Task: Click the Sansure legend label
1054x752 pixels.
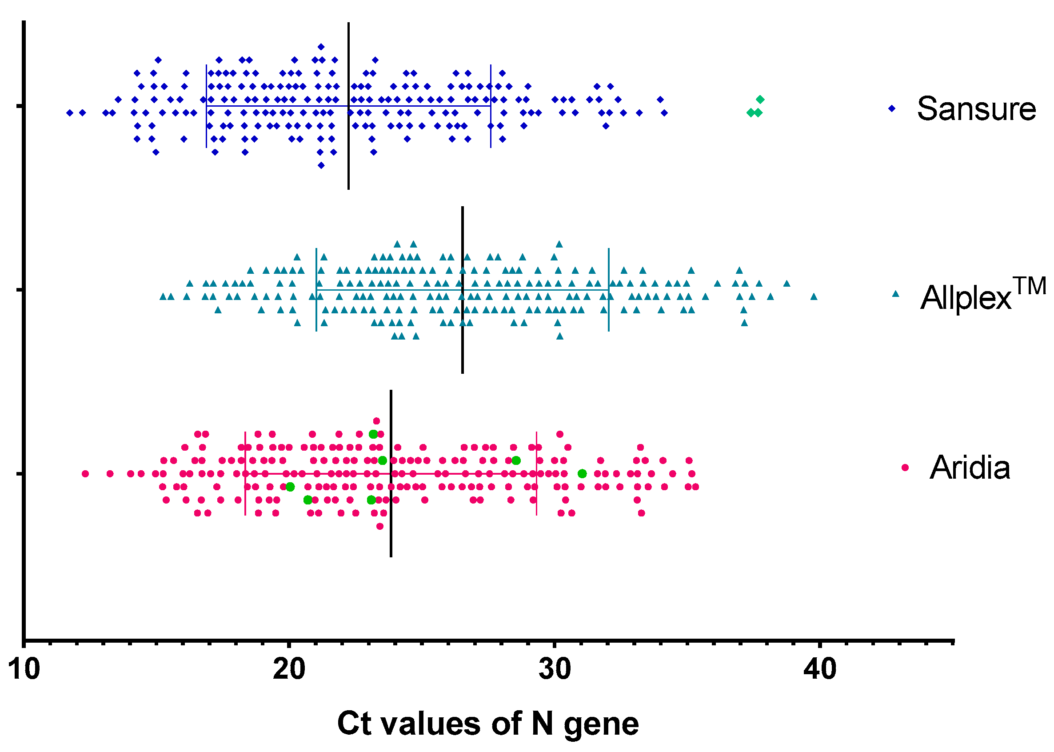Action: point(976,109)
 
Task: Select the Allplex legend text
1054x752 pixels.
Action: point(982,295)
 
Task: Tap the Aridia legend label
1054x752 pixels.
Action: point(969,468)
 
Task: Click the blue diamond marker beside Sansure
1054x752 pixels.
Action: point(891,108)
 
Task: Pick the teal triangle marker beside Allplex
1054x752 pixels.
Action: point(895,294)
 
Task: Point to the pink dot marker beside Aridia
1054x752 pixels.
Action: point(905,468)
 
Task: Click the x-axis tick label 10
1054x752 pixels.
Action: point(24,670)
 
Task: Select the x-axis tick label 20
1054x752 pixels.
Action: point(289,670)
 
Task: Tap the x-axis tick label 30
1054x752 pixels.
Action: point(555,670)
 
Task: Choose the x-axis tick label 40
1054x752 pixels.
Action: point(820,670)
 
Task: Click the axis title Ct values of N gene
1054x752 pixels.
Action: point(487,724)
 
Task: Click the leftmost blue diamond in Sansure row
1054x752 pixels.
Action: point(70,112)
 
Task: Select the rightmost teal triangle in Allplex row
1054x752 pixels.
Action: point(814,296)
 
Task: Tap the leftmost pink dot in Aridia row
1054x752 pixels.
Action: point(85,474)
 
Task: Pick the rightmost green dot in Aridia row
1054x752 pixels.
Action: point(582,474)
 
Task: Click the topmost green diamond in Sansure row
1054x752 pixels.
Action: point(760,100)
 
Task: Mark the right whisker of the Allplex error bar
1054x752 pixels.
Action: point(608,290)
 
